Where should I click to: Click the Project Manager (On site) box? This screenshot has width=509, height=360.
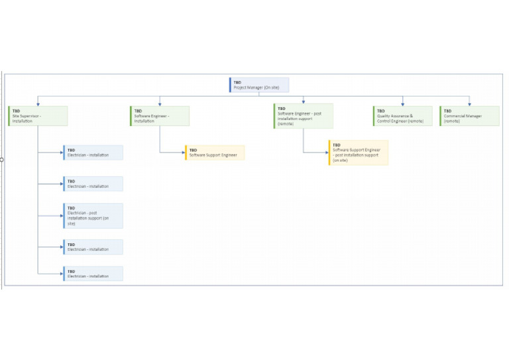[x=259, y=85]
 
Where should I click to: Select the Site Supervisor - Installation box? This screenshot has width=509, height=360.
[x=38, y=116]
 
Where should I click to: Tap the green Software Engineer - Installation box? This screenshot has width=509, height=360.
[x=160, y=116]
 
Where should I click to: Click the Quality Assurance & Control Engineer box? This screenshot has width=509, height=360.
[x=402, y=116]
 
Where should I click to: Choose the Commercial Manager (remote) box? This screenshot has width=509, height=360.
[x=469, y=116]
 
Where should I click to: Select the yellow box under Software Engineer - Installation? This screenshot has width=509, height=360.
[x=215, y=152]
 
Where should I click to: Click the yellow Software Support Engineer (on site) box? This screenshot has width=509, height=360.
[x=359, y=152]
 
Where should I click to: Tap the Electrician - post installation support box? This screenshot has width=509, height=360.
[x=93, y=215]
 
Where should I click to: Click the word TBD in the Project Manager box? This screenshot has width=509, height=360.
[x=237, y=82]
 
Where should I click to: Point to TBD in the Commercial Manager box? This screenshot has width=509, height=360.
[x=447, y=111]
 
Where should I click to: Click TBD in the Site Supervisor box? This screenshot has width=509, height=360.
[x=16, y=111]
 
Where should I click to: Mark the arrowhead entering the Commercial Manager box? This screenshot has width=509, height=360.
[x=469, y=104]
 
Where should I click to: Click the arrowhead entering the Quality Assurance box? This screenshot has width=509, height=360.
[x=402, y=104]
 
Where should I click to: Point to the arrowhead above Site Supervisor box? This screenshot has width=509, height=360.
[x=38, y=104]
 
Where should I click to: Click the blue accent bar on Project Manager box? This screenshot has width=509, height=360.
[x=230, y=85]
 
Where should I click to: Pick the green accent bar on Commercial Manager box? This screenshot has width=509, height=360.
[x=440, y=116]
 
